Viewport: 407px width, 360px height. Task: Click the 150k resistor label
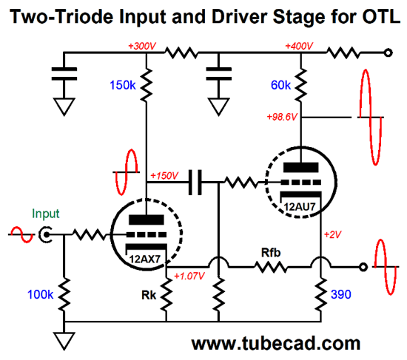coord(123,85)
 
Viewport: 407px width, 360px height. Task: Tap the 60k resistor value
coord(280,85)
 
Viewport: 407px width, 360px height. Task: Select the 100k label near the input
coord(40,295)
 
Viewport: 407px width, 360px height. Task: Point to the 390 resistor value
coord(341,294)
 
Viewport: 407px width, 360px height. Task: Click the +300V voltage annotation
coord(142,46)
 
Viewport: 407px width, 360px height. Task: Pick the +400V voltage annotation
coord(299,46)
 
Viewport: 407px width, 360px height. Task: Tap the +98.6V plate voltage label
coord(282,117)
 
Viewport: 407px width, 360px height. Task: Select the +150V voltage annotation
coord(164,176)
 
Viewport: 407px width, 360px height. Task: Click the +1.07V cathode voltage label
coord(189,276)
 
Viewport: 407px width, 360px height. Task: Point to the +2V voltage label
coord(332,235)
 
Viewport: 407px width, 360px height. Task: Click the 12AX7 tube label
coord(145,259)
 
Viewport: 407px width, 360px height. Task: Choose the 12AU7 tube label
coord(300,207)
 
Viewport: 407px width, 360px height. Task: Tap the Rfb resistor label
coord(271,253)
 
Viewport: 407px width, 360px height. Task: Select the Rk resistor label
coord(149,295)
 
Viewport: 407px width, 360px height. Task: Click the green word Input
coord(46,214)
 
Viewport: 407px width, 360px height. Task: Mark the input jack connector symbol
coord(45,235)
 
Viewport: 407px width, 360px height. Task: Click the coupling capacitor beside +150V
coord(195,183)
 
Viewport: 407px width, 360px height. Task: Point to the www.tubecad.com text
coord(276,344)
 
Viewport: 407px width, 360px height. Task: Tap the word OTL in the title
coord(381,16)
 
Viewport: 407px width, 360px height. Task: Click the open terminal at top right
coord(388,53)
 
